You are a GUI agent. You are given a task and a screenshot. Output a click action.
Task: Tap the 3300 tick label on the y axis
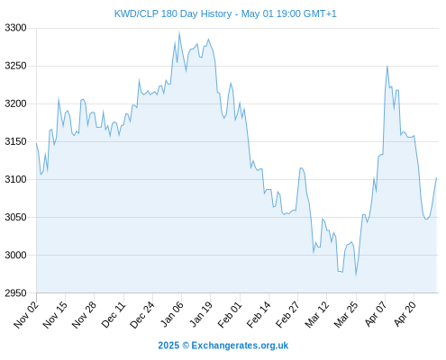[15, 28]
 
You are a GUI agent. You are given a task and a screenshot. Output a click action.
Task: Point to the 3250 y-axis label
[15, 66]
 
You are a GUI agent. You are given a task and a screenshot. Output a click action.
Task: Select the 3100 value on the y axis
[15, 179]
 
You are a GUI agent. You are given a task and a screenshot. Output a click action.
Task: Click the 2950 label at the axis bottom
[15, 292]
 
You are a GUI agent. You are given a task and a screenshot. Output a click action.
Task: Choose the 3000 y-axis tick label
[15, 255]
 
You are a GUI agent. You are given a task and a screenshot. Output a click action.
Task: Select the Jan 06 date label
[172, 314]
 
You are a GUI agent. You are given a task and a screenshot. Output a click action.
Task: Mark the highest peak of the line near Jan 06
[179, 31]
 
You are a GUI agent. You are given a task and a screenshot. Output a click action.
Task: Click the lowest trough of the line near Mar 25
[356, 274]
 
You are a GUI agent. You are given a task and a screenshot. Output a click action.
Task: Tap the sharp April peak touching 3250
[387, 66]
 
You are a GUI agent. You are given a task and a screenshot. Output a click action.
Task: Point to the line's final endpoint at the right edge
[436, 177]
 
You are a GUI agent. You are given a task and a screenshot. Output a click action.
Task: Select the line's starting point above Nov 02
[36, 143]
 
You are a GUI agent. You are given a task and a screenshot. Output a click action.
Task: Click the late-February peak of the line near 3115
[301, 168]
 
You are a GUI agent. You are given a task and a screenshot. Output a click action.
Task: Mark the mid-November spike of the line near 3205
[59, 98]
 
